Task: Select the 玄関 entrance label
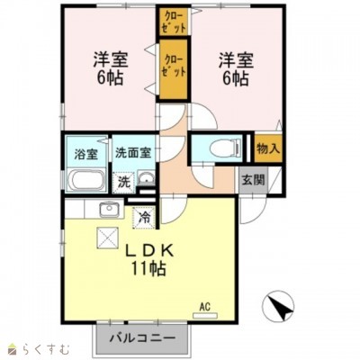pyautogui.click(x=252, y=179)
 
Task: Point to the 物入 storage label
pyautogui.click(x=267, y=148)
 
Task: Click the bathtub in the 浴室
pyautogui.click(x=86, y=179)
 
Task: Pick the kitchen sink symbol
pyautogui.click(x=109, y=211)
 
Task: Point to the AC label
pyautogui.click(x=204, y=307)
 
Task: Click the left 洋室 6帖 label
pyautogui.click(x=109, y=69)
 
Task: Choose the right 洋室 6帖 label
pyautogui.click(x=234, y=69)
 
